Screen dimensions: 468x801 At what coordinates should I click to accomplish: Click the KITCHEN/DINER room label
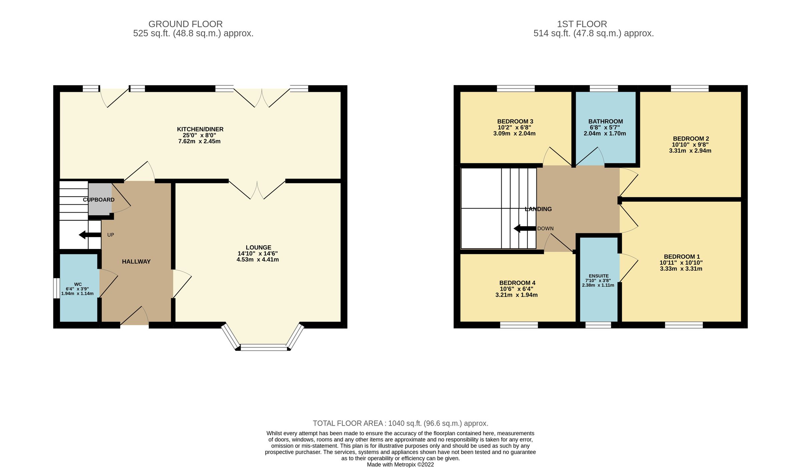pos(200,129)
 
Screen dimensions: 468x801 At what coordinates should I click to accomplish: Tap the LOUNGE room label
pos(258,247)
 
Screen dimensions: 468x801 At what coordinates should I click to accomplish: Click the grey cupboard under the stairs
pos(99,199)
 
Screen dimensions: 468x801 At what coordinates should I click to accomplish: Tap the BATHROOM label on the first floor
pos(605,122)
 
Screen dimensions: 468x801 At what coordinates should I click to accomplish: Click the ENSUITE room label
pos(598,276)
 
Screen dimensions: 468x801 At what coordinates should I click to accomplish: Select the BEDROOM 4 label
pos(517,283)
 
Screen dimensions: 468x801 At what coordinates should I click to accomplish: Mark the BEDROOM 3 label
pos(515,122)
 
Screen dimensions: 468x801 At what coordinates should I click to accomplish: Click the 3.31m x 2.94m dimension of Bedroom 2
pos(690,151)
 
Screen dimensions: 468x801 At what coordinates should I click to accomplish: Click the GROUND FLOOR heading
pos(185,24)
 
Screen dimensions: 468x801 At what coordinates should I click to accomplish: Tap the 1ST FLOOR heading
pos(582,24)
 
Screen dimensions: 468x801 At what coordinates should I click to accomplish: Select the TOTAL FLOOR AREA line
pos(400,423)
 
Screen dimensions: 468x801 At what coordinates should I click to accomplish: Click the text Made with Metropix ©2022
pos(400,464)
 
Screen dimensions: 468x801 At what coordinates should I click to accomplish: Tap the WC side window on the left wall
pos(56,288)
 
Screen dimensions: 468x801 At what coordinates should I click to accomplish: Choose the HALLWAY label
pos(136,262)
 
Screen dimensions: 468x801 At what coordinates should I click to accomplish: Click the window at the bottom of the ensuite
pos(598,325)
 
